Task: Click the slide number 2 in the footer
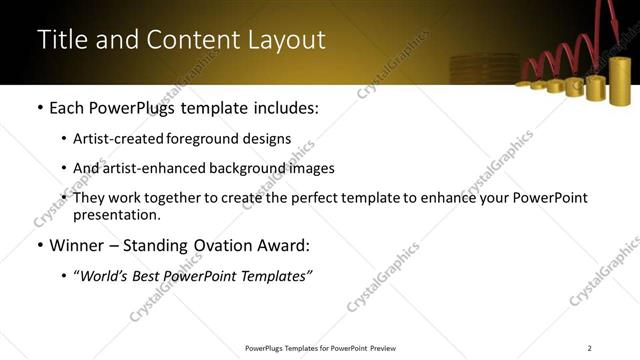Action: coord(590,348)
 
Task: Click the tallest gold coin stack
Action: coord(620,80)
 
